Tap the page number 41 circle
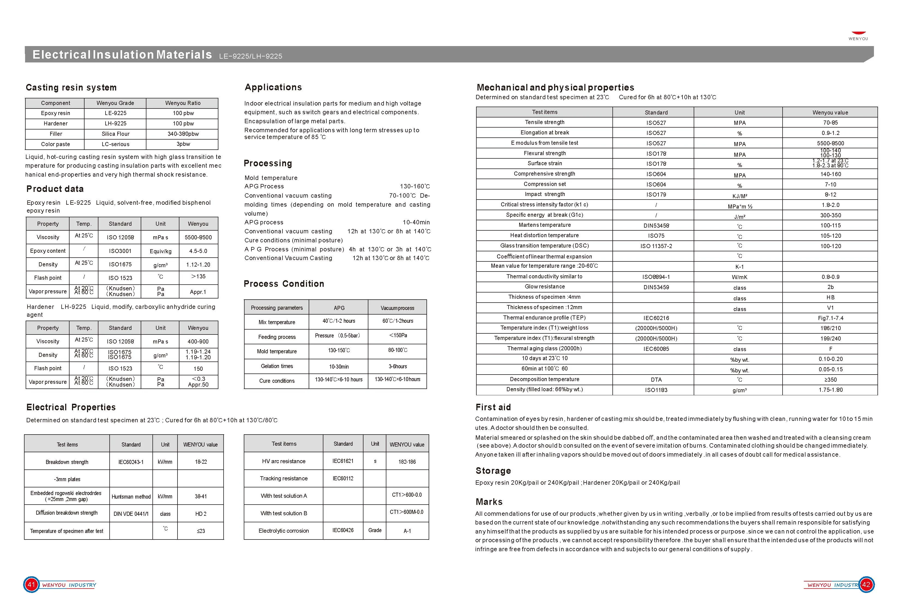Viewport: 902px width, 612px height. [31, 584]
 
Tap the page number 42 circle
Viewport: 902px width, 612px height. [866, 584]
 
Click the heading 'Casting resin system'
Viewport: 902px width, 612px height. [71, 87]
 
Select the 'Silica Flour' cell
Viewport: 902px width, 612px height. [115, 134]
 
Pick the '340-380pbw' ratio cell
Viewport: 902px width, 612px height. [183, 134]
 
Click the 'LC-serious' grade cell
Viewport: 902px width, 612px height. [115, 144]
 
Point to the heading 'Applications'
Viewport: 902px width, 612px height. [273, 87]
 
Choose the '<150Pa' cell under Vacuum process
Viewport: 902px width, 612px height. [398, 336]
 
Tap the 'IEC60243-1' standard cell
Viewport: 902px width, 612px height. [131, 462]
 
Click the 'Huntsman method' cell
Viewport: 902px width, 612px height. [131, 497]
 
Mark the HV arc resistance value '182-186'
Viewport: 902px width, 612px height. [407, 462]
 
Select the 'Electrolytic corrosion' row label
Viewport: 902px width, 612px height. [283, 530]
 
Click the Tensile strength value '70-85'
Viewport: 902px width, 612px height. [830, 123]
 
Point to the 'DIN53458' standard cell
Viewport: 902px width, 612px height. [656, 225]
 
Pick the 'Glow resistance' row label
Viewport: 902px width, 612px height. [545, 287]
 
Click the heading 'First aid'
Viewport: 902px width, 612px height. [493, 407]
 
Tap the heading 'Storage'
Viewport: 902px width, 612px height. [493, 471]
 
